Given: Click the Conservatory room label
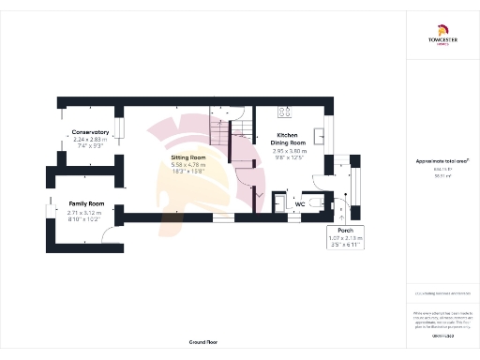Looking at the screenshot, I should pyautogui.click(x=91, y=132).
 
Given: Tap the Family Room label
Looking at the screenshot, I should pyautogui.click(x=85, y=203).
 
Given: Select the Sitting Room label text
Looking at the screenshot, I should pyautogui.click(x=187, y=158).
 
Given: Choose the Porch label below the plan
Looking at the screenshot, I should pyautogui.click(x=338, y=229).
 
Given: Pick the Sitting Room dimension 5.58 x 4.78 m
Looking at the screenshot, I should pyautogui.click(x=187, y=166).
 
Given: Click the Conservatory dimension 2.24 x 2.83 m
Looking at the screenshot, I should pyautogui.click(x=91, y=140).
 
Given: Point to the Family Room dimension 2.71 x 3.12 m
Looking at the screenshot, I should pyautogui.click(x=85, y=212).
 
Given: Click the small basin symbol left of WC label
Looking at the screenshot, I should pyautogui.click(x=278, y=202).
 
